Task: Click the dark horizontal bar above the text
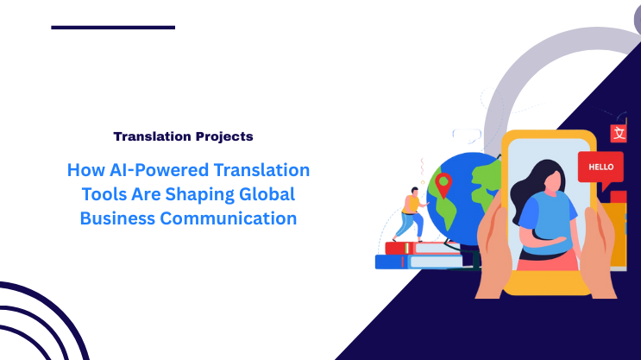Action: coord(113,27)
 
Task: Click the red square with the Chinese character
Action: coord(618,133)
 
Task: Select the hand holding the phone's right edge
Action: coord(602,250)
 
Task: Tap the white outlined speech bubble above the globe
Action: coord(467,136)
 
